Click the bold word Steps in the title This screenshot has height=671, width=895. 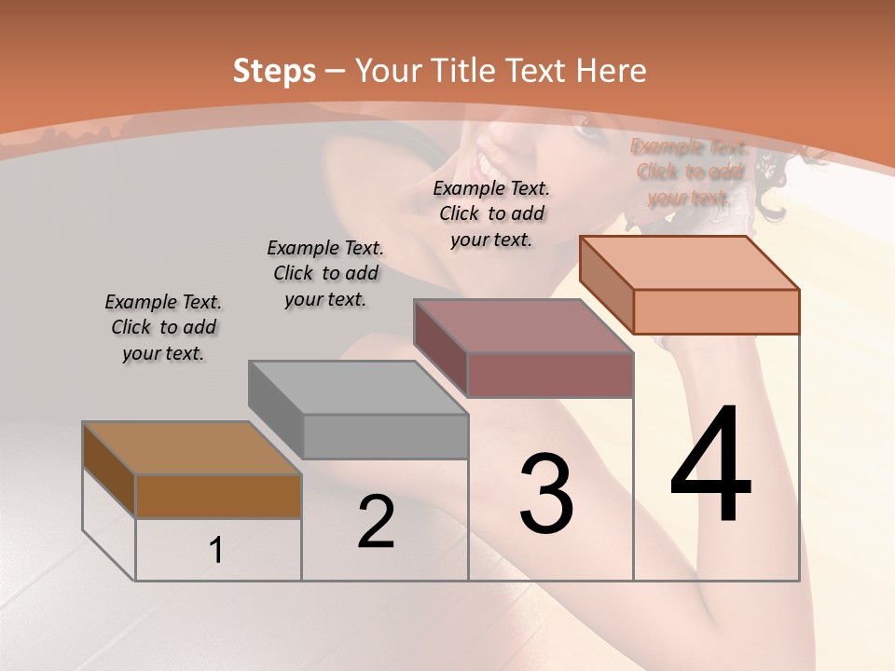tap(273, 71)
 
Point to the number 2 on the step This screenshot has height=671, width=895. tap(376, 522)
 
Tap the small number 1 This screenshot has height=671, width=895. tap(216, 551)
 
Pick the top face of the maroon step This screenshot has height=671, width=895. tap(523, 326)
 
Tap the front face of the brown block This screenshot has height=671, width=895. tap(218, 496)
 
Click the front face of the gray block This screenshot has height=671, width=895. tap(385, 436)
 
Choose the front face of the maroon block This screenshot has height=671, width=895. tap(550, 375)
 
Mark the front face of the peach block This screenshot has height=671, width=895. tap(716, 311)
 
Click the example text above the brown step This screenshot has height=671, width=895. tap(163, 327)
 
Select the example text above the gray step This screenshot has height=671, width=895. tap(325, 273)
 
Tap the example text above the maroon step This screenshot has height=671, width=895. tap(491, 213)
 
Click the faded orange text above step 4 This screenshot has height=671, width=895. tap(689, 172)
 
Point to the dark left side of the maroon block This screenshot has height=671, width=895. tap(440, 347)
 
